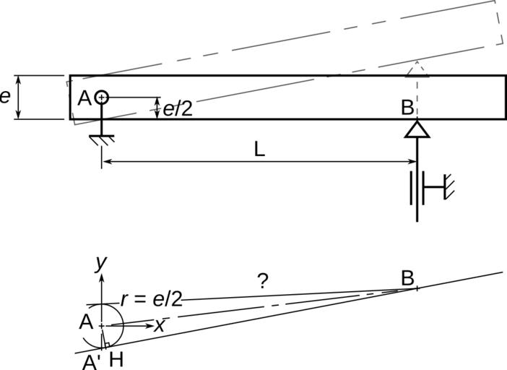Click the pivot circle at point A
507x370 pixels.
102,96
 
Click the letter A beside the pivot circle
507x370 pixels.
84,98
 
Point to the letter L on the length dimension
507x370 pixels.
259,150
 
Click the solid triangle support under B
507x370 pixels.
417,129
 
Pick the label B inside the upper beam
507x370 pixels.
407,108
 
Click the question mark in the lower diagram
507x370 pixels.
263,282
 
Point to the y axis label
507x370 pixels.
101,263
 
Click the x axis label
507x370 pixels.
159,326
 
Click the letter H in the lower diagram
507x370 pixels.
116,359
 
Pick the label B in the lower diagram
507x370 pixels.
407,277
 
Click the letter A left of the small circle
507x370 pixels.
84,323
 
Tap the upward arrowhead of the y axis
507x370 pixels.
102,277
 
